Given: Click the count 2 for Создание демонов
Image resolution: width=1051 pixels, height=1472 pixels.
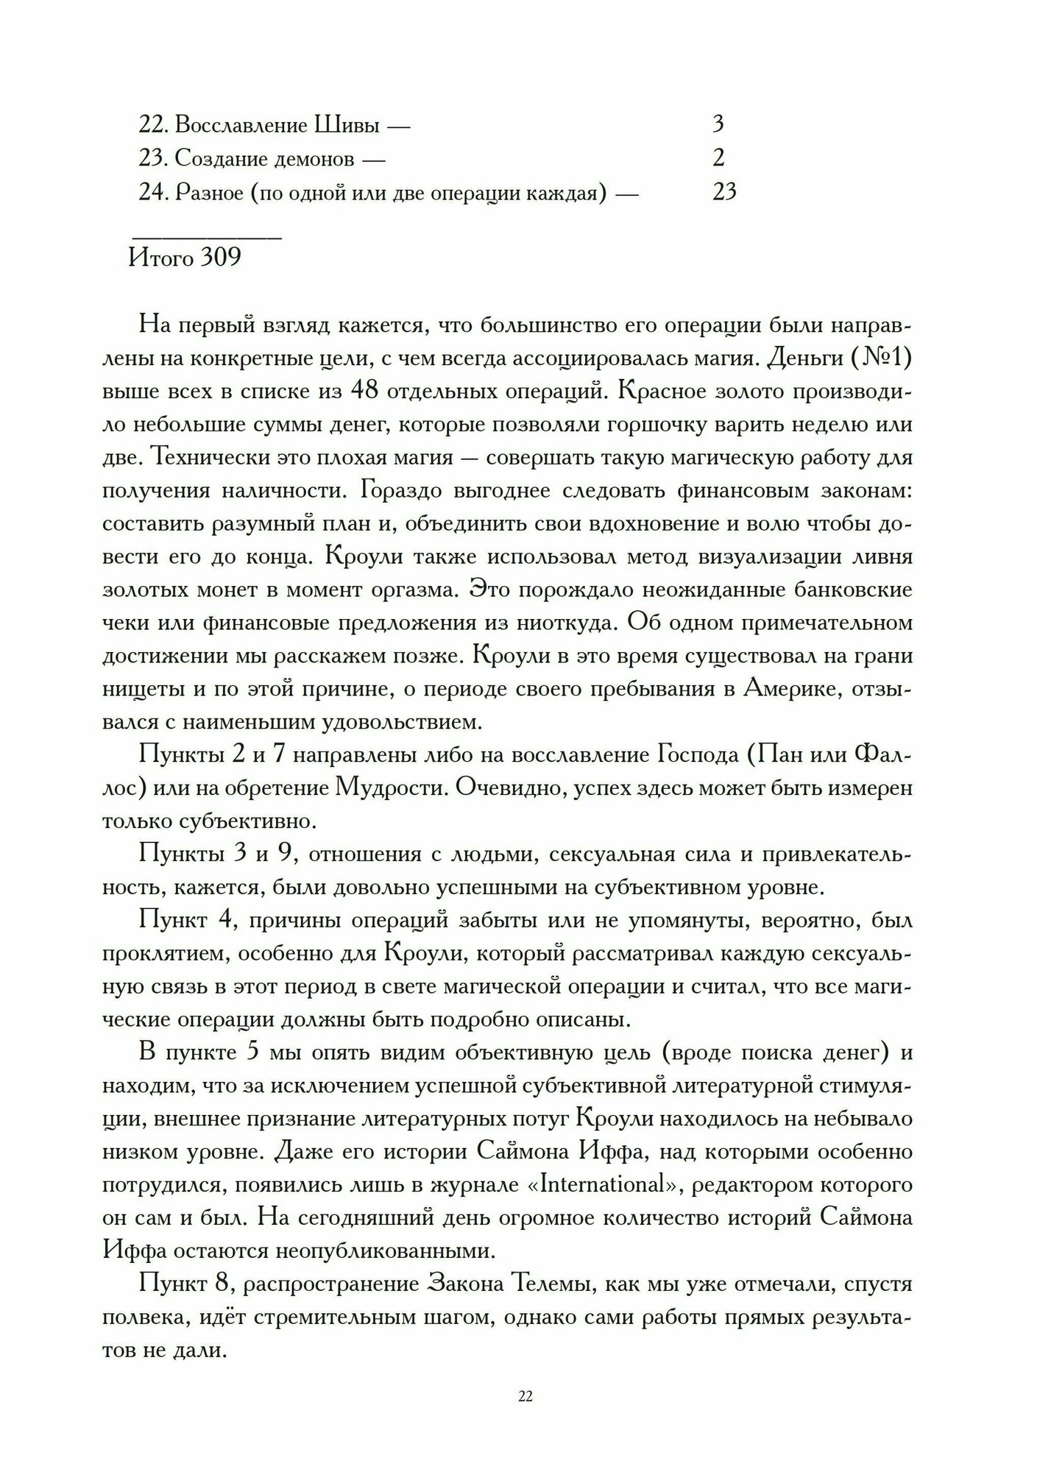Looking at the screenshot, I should tap(718, 158).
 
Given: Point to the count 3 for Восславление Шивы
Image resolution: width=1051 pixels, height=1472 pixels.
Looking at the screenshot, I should tap(718, 124).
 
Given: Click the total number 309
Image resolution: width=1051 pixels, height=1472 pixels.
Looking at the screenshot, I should tap(220, 258).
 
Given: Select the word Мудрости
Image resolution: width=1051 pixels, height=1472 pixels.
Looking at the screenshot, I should tap(389, 788).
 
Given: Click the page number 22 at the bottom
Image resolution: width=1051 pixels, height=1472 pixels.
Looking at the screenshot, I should tap(525, 1397).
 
